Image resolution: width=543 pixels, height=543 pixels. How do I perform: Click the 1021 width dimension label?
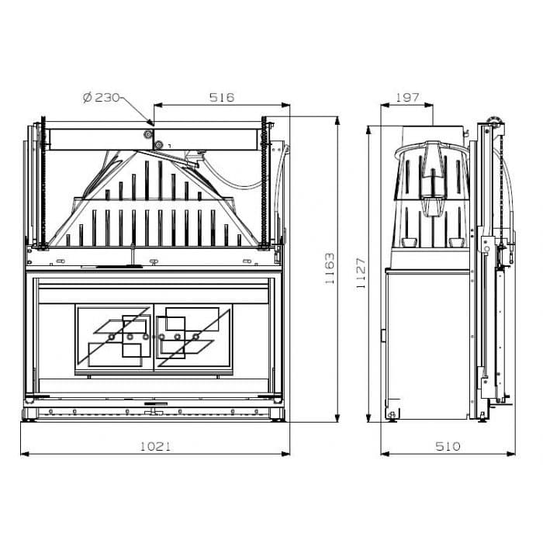point(155,446)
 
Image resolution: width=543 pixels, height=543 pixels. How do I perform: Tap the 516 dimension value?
point(222,97)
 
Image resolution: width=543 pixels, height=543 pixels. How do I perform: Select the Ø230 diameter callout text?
point(101,97)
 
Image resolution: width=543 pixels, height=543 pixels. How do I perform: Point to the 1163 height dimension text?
point(330,268)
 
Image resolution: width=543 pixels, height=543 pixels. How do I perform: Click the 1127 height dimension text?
point(361,273)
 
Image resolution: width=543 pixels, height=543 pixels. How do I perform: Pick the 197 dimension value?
point(407,97)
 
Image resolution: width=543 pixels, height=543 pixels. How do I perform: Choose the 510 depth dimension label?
point(448,446)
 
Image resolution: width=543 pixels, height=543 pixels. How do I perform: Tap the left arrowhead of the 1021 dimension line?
point(25,454)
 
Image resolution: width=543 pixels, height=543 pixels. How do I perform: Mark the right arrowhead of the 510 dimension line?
point(511,454)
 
